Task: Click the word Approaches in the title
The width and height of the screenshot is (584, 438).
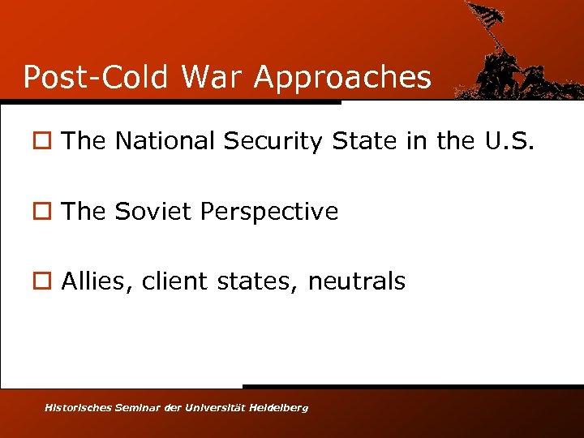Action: click(342, 78)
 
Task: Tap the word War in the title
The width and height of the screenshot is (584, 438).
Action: click(213, 77)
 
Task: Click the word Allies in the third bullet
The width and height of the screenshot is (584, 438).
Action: click(97, 281)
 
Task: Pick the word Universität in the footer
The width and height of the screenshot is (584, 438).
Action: click(215, 407)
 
